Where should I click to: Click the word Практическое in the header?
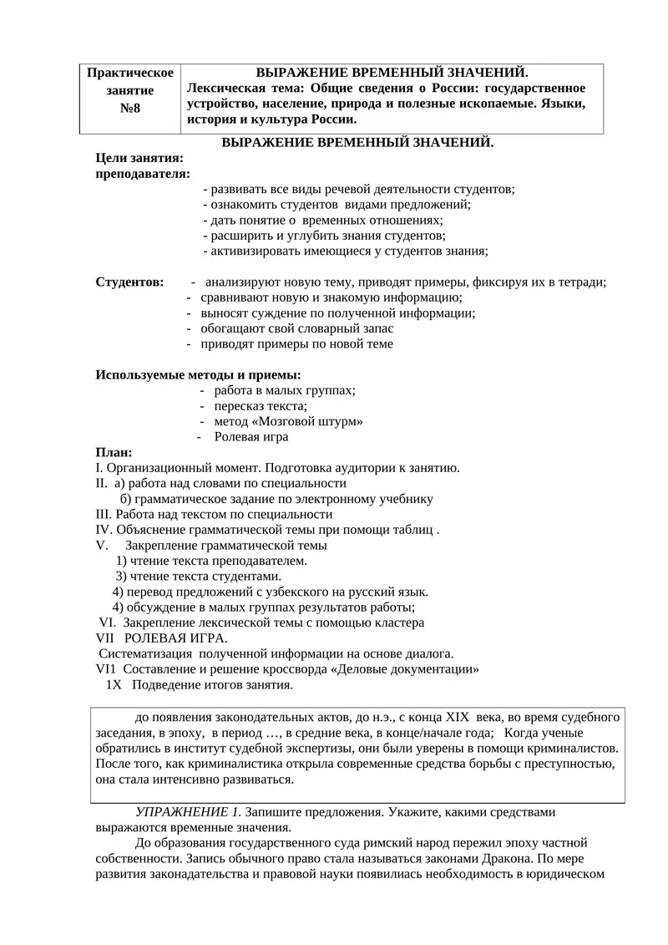(129, 74)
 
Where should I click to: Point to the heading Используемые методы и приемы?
(199, 374)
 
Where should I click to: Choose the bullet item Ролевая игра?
(251, 437)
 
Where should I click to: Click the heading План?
(114, 452)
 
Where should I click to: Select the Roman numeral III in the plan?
(104, 515)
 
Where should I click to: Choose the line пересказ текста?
(261, 406)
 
